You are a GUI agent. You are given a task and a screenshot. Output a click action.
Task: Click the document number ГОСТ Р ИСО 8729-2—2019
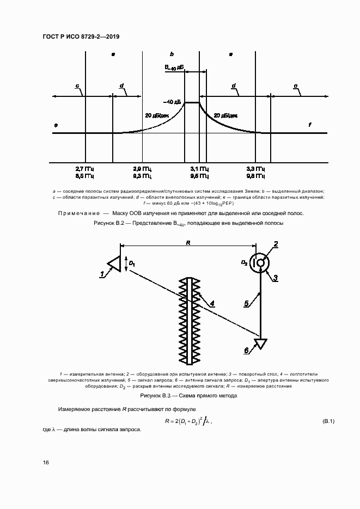tap(80, 36)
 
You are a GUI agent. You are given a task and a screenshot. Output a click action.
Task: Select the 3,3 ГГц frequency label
tap(255, 169)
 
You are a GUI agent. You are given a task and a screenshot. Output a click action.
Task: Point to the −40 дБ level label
tap(174, 102)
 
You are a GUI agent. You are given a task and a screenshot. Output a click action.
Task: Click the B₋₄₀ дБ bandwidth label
tap(174, 68)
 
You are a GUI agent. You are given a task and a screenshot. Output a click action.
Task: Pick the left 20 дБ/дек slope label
tap(156, 115)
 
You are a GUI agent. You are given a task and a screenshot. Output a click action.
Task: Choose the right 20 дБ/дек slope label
tap(225, 115)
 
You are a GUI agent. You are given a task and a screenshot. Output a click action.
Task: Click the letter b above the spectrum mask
tap(172, 54)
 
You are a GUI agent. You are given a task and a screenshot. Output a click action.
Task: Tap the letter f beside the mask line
tap(310, 125)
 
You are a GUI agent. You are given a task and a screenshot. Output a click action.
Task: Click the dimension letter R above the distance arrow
tap(188, 243)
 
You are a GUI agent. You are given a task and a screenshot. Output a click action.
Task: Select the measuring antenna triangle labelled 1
tap(114, 263)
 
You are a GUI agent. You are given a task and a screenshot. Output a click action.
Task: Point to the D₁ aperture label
tap(132, 263)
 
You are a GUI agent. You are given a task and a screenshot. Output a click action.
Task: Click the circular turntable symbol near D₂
tap(261, 262)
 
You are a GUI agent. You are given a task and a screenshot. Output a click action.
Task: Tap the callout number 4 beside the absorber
tap(212, 303)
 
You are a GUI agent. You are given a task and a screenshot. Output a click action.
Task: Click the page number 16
tap(46, 462)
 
